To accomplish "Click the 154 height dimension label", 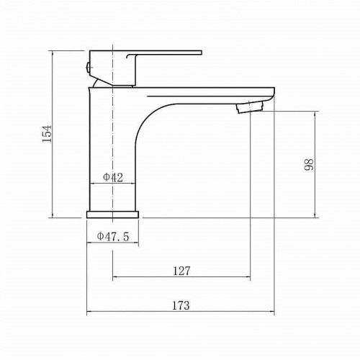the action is click(x=47, y=134).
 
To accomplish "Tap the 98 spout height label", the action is click(x=309, y=164).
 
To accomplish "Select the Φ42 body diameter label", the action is click(x=113, y=177).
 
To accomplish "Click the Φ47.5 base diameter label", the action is click(x=113, y=237).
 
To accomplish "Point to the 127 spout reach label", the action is click(x=181, y=271).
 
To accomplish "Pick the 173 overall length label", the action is click(x=181, y=305).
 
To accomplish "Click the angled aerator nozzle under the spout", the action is click(x=250, y=107).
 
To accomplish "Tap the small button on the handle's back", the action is click(x=88, y=68).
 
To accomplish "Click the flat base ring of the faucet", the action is click(x=112, y=215).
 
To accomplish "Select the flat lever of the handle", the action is click(x=164, y=53).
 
